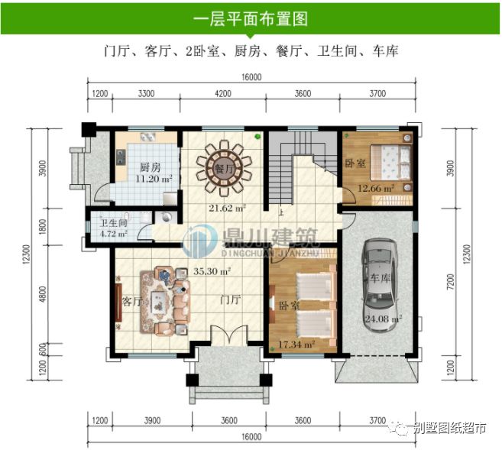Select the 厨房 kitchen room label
coord(150,167)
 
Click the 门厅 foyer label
coord(230,299)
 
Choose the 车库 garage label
coord(381,279)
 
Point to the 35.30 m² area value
coord(212,270)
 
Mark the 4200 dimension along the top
coord(224,93)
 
